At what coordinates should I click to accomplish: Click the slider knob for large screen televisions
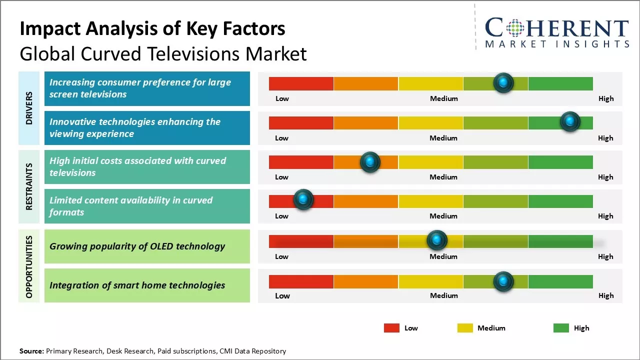click(503, 82)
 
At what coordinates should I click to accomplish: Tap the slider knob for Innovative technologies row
click(569, 121)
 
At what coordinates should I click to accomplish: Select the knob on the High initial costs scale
click(370, 161)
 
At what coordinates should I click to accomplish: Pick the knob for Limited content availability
click(303, 200)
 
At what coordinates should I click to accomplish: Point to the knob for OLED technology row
click(437, 240)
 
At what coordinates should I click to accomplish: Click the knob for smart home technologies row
click(503, 281)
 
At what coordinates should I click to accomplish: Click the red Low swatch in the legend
click(391, 328)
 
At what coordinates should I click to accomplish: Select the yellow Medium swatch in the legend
click(465, 328)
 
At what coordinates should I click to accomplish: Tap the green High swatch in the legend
click(561, 328)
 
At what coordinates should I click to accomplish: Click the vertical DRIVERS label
click(29, 108)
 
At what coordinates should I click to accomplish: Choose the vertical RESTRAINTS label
click(29, 186)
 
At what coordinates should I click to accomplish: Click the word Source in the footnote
click(32, 351)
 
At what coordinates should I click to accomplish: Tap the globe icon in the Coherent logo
click(514, 28)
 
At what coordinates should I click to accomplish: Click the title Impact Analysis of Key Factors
click(152, 29)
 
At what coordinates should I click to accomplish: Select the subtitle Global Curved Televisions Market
click(163, 53)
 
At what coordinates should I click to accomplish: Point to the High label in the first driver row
click(605, 98)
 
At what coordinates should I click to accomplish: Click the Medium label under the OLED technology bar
click(443, 256)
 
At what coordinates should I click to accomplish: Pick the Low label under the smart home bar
click(282, 295)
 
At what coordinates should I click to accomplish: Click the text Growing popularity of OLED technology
click(137, 246)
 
